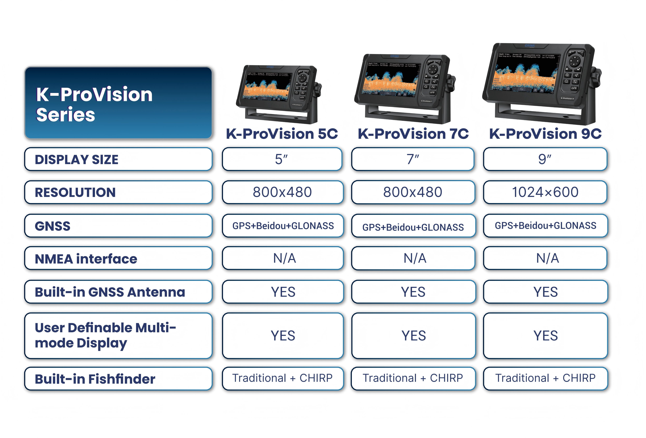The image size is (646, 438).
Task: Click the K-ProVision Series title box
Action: pyautogui.click(x=118, y=103)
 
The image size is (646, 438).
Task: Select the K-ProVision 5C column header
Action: pyautogui.click(x=282, y=134)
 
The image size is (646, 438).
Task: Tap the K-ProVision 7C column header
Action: pyautogui.click(x=413, y=134)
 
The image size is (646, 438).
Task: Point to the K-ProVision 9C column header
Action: pyautogui.click(x=545, y=134)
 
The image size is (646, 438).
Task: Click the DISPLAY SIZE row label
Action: pyautogui.click(x=118, y=159)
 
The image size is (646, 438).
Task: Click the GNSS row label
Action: pyautogui.click(x=118, y=226)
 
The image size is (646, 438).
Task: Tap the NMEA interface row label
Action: pyautogui.click(x=118, y=258)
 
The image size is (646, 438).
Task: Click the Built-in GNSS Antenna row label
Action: pyautogui.click(x=118, y=292)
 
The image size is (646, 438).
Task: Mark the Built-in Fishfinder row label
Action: pyautogui.click(x=118, y=379)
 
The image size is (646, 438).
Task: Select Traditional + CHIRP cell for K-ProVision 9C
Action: pyautogui.click(x=545, y=378)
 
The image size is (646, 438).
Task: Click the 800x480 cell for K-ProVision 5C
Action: pyautogui.click(x=282, y=192)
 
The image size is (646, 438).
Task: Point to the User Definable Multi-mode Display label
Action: pyautogui.click(x=118, y=335)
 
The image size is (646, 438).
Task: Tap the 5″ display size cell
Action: pyautogui.click(x=282, y=159)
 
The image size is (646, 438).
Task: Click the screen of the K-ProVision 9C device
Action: pyautogui.click(x=525, y=74)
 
